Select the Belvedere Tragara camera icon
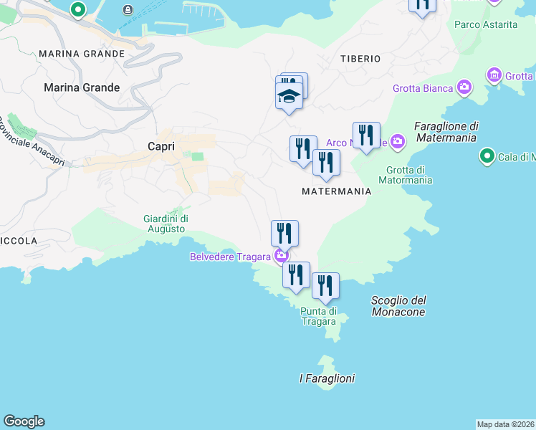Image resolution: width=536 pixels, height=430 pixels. pyautogui.click(x=281, y=256)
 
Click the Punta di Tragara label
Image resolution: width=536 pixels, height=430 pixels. pyautogui.click(x=318, y=316)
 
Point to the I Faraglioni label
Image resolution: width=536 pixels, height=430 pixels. pyautogui.click(x=327, y=378)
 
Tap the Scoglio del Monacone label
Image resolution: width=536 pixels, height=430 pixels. pyautogui.click(x=398, y=306)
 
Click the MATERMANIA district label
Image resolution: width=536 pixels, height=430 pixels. pyautogui.click(x=336, y=191)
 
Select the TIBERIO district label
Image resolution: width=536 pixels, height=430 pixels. pyautogui.click(x=360, y=59)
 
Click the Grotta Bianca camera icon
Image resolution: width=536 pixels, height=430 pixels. pyautogui.click(x=464, y=88)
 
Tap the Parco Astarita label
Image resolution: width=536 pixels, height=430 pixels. pyautogui.click(x=485, y=24)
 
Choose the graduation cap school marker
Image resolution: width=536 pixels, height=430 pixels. pyautogui.click(x=289, y=97)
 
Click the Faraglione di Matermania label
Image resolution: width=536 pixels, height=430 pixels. pyautogui.click(x=446, y=131)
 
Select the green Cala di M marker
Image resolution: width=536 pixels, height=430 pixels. pyautogui.click(x=487, y=156)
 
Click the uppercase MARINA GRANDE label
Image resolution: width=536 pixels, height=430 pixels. pyautogui.click(x=82, y=54)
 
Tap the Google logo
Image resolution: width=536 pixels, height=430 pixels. pyautogui.click(x=24, y=421)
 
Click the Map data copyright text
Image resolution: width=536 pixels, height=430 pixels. pyautogui.click(x=506, y=424)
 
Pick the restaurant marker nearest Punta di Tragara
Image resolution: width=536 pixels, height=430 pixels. pyautogui.click(x=325, y=287)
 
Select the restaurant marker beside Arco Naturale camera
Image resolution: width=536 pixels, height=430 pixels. pyautogui.click(x=366, y=136)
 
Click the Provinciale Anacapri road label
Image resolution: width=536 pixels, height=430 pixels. pyautogui.click(x=32, y=142)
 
